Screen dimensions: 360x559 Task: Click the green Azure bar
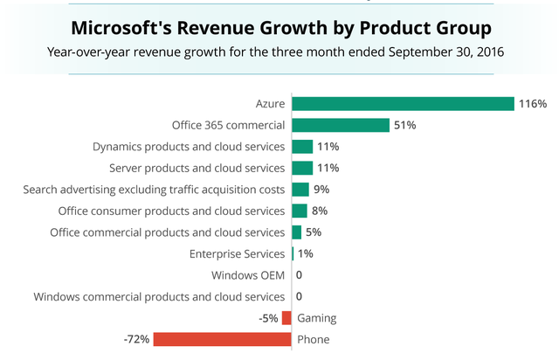pyautogui.click(x=403, y=104)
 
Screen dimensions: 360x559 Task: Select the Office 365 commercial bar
pyautogui.click(x=340, y=125)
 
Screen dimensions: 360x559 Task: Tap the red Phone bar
pyautogui.click(x=222, y=340)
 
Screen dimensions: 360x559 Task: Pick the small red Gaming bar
pyautogui.click(x=286, y=318)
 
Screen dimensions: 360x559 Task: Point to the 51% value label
pyautogui.click(x=405, y=125)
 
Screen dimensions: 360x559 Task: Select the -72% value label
pyautogui.click(x=137, y=340)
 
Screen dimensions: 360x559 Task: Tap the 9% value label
pyautogui.click(x=321, y=190)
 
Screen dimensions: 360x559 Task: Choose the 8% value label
pyautogui.click(x=320, y=211)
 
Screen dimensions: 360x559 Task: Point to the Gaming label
pyautogui.click(x=317, y=318)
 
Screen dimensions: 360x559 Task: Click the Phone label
pyautogui.click(x=314, y=340)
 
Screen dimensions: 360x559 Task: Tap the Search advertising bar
pyautogui.click(x=300, y=190)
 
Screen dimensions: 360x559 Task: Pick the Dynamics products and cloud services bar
pyautogui.click(x=301, y=147)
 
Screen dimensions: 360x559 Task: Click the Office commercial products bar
pyautogui.click(x=296, y=232)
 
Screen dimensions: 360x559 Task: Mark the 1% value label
pyautogui.click(x=305, y=254)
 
